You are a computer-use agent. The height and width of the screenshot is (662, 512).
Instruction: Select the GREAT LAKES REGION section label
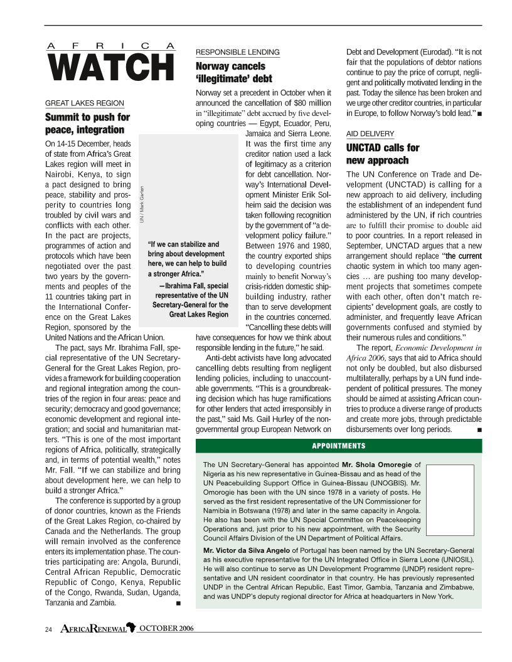point(85,103)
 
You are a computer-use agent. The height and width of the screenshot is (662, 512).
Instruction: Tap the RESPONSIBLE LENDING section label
point(238,52)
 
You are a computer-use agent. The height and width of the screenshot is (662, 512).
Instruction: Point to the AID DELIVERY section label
point(370,134)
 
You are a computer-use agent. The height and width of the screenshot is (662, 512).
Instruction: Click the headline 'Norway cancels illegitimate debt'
point(234,72)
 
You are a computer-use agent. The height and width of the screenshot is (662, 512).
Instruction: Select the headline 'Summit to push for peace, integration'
point(88,123)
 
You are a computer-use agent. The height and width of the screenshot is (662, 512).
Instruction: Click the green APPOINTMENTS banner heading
point(339,446)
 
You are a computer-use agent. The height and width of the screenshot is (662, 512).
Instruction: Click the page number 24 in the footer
point(48,629)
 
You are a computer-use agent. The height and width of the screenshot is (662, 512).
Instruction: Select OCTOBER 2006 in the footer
point(166,629)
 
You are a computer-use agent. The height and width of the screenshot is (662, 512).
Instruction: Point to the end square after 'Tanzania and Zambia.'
point(179,604)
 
